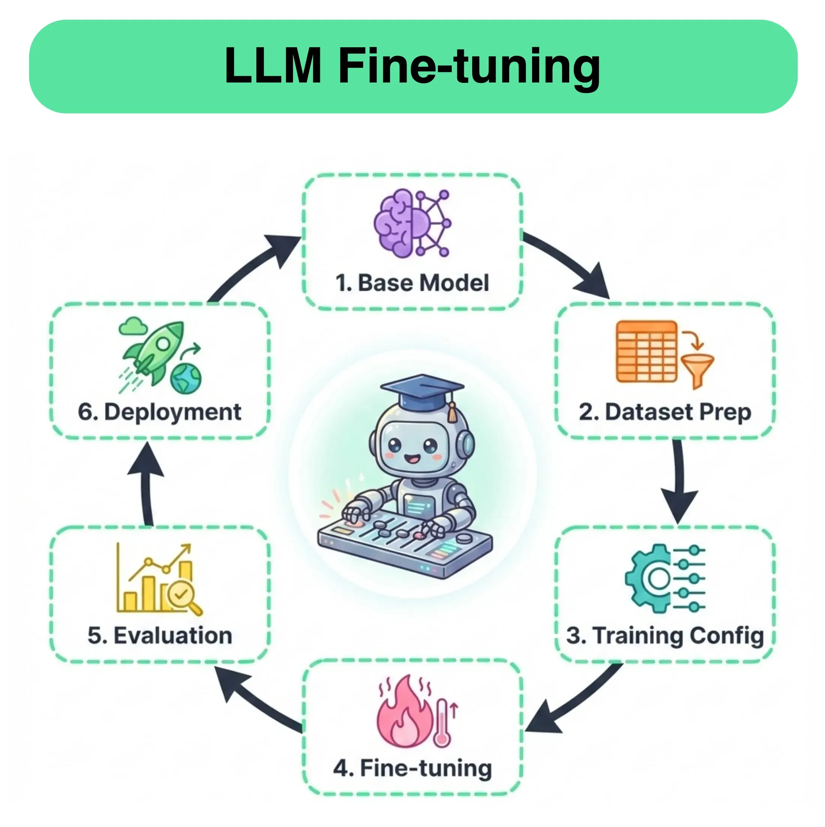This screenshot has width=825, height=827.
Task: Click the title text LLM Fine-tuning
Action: pyautogui.click(x=412, y=66)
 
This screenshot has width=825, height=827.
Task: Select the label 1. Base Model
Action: pyautogui.click(x=412, y=283)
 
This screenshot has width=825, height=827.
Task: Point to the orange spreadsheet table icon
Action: pyautogui.click(x=646, y=351)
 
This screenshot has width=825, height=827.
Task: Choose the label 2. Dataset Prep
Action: pyautogui.click(x=665, y=412)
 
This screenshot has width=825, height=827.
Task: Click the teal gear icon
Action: pyautogui.click(x=648, y=579)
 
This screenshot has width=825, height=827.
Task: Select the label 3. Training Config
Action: pyautogui.click(x=665, y=635)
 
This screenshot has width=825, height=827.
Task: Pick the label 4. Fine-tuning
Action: pyautogui.click(x=412, y=768)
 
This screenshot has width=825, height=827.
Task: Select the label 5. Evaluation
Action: pyautogui.click(x=160, y=635)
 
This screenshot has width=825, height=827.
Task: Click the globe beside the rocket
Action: pyautogui.click(x=186, y=378)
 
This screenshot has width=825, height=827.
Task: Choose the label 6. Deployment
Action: pyautogui.click(x=160, y=412)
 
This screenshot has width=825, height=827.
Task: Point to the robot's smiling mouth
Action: pyautogui.click(x=413, y=459)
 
